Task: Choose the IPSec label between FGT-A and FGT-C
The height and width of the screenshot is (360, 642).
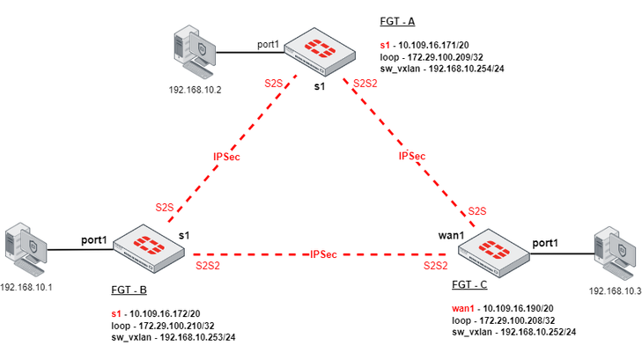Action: tap(412, 156)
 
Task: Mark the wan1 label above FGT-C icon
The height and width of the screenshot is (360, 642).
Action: tap(451, 236)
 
